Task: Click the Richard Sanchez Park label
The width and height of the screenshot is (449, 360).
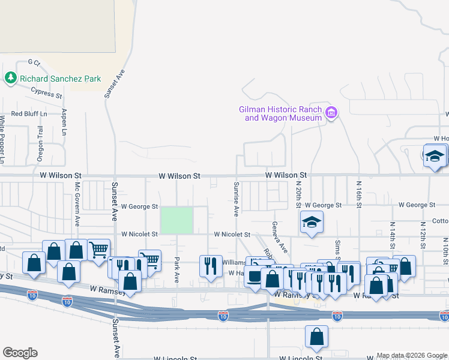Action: [x=60, y=79]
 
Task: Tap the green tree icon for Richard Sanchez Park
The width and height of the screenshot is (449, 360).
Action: [x=10, y=78]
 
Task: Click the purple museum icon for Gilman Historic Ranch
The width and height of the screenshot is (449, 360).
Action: [x=331, y=113]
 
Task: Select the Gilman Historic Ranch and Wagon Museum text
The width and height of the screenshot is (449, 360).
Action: [x=280, y=113]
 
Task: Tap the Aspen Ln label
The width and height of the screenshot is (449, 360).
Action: [x=64, y=122]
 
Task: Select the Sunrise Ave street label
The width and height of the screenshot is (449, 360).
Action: [x=237, y=198]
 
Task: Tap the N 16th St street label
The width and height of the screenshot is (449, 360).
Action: [x=358, y=194]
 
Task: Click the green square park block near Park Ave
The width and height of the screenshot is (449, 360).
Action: [x=176, y=220]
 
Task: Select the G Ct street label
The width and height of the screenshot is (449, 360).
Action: [x=34, y=62]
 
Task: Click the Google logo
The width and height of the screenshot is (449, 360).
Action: [x=20, y=353]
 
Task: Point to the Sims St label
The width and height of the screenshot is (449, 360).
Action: [x=338, y=248]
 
